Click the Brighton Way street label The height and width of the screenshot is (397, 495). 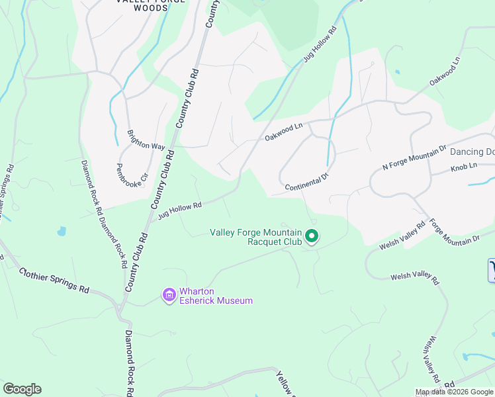(x=146, y=140)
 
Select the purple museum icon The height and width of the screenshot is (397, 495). (x=169, y=294)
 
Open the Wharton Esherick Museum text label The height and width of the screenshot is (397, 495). (x=216, y=296)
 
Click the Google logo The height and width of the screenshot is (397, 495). (x=22, y=389)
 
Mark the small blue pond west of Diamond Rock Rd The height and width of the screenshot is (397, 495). (x=62, y=232)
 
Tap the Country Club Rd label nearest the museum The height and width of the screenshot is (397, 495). (x=136, y=263)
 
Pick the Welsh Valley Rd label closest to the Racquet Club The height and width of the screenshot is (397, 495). (x=402, y=238)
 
